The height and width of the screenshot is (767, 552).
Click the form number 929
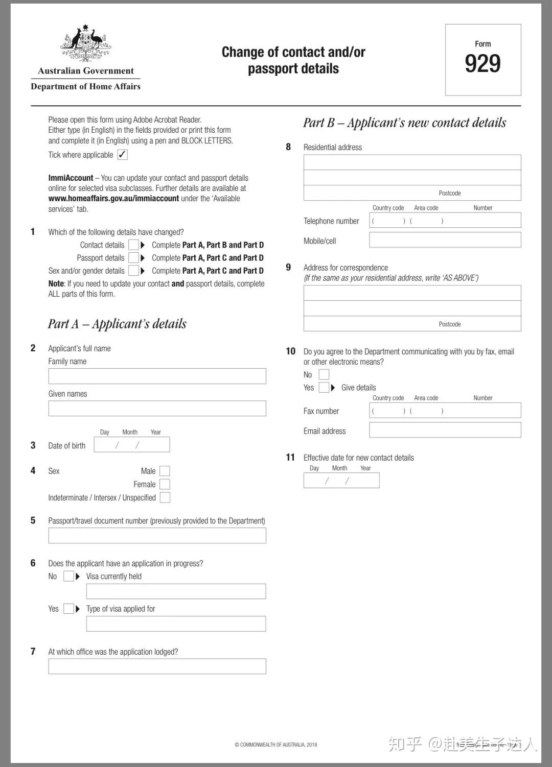[x=482, y=63]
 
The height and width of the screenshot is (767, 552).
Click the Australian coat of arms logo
[x=86, y=44]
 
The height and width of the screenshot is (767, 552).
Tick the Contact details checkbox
[x=133, y=245]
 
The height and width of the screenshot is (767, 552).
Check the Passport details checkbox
[x=133, y=258]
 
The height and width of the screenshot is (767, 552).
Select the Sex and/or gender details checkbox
[x=133, y=271]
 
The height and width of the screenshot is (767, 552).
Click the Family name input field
[x=157, y=376]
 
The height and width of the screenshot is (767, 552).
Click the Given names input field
[x=157, y=409]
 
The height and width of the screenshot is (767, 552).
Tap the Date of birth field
[x=132, y=445]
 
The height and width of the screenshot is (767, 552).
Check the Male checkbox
[x=165, y=471]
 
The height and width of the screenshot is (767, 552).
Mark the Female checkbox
[x=165, y=484]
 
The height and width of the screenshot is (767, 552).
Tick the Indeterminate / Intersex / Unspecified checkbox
[x=165, y=497]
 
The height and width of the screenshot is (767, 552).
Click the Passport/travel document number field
[x=157, y=536]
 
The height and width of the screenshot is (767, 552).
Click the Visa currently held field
[x=176, y=591]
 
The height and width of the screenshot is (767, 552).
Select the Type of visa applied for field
[x=176, y=624]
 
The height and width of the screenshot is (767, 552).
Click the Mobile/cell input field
[x=445, y=240]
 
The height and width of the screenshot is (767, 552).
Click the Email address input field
[x=445, y=430]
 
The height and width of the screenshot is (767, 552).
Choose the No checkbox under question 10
[x=324, y=375]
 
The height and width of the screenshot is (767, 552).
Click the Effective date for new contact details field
[x=341, y=481]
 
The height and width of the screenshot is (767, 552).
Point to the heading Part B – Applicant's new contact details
[x=404, y=123]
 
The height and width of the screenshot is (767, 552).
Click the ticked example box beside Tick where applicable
[x=122, y=155]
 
